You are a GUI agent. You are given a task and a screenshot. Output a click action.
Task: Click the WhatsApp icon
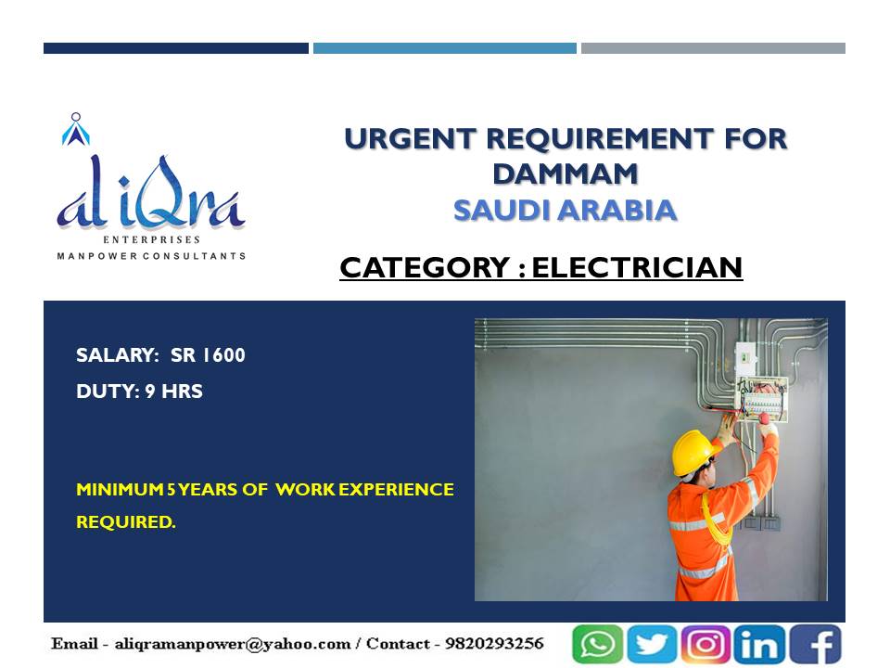point(597,644)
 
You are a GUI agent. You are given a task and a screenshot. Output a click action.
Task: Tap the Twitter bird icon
point(651,644)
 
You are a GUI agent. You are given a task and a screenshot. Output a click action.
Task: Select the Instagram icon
point(705,644)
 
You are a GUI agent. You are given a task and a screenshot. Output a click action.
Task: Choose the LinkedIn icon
point(759,644)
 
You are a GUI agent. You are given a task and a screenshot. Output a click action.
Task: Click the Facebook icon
point(815,644)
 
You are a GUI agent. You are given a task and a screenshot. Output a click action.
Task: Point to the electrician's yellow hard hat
point(693,451)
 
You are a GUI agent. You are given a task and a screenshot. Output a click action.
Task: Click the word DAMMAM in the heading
point(566,173)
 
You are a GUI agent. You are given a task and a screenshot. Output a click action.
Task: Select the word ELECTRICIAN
point(637,267)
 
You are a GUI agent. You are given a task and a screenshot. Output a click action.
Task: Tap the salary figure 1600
point(223,355)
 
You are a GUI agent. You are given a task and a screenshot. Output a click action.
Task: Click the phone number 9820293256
point(494,644)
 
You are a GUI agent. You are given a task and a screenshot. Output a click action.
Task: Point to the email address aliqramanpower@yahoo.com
point(233,644)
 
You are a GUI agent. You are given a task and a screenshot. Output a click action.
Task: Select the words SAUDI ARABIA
point(566,211)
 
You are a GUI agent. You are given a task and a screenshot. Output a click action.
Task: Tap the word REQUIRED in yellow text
point(125,521)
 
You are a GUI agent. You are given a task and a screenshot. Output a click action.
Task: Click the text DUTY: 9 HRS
point(140,392)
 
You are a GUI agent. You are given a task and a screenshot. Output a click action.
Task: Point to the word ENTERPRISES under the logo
point(151,239)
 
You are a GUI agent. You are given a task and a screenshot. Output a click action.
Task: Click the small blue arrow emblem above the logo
point(75,130)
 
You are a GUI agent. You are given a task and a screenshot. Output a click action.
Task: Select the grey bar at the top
point(713,48)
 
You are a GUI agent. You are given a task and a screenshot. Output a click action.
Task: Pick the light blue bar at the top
point(445,48)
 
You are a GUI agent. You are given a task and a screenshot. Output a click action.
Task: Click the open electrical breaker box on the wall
point(761,399)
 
